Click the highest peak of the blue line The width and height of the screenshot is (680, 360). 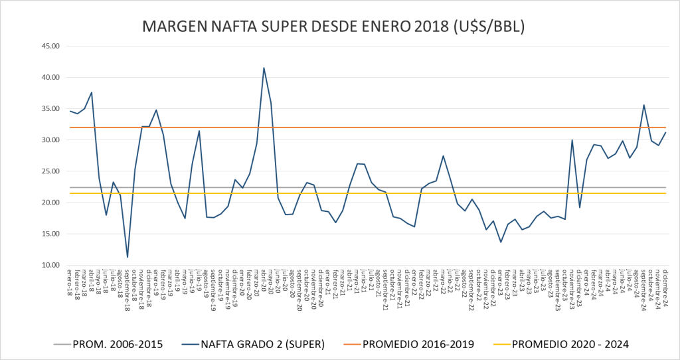264,68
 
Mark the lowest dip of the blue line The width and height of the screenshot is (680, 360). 127,257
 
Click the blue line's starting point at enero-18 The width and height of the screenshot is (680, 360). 70,111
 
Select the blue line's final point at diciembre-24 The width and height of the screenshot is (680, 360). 665,132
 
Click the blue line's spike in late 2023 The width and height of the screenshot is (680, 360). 572,140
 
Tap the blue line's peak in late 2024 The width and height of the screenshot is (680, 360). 643,105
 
